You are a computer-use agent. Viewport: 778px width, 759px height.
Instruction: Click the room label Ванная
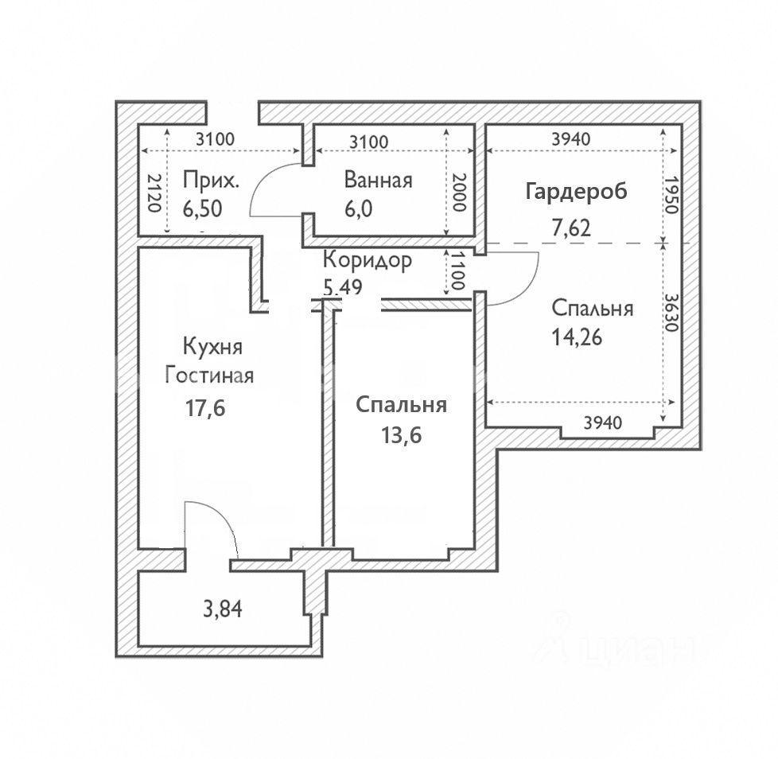pos(378,180)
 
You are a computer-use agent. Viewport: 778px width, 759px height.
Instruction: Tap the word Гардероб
pos(576,191)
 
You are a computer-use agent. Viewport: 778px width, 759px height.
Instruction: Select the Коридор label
pos(368,260)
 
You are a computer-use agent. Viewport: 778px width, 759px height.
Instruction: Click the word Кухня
pos(212,347)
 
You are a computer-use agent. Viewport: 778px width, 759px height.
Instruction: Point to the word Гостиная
pos(209,374)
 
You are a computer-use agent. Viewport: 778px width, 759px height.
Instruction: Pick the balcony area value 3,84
pos(222,610)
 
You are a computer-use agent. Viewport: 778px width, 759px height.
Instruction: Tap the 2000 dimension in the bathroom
pos(457,191)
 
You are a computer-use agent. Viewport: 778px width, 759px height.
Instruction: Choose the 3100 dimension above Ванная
pos(368,142)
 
